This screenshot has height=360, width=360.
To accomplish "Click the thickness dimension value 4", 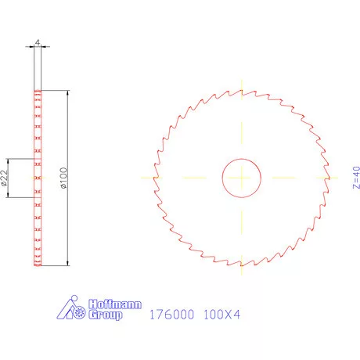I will (38, 43).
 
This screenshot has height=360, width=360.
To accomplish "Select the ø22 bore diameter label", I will (5, 178).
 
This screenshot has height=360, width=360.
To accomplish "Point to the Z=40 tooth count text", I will (355, 178).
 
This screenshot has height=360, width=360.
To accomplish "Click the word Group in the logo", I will (104, 315).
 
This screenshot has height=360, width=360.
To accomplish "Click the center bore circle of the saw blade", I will (242, 178).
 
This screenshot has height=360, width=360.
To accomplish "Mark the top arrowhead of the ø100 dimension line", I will (69, 93).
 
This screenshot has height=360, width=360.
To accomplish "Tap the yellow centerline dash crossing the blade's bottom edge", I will (242, 268).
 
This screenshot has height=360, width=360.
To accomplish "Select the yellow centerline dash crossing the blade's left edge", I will (152, 178).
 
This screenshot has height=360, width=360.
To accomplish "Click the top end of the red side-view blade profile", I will (38, 91).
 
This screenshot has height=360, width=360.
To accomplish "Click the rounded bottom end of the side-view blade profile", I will (38, 265).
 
